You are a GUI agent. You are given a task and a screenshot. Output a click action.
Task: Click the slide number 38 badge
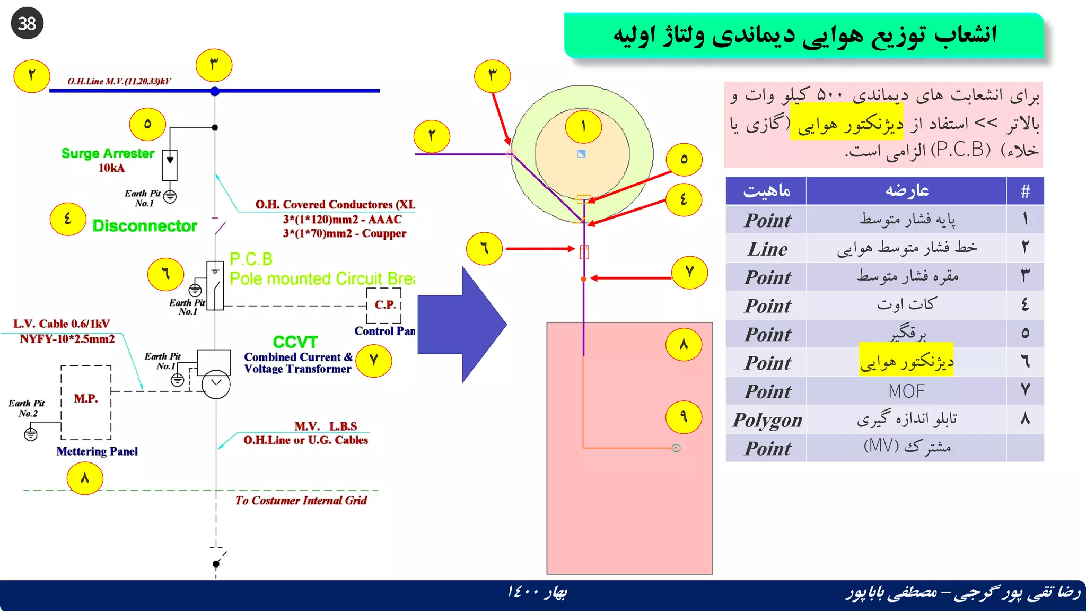[27, 23]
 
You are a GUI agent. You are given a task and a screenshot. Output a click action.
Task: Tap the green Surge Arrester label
[108, 153]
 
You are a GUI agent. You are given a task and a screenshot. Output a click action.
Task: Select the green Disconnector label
[144, 226]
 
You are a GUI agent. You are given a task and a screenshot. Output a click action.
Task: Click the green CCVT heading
[295, 342]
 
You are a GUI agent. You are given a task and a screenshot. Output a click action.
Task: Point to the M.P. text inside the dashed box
[86, 398]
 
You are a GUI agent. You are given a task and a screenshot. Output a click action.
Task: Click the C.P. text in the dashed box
[385, 305]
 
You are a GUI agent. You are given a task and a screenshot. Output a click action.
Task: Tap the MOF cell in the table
[906, 391]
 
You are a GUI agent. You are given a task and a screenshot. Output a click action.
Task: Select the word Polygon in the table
[767, 420]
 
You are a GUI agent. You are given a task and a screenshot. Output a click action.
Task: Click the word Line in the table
[767, 249]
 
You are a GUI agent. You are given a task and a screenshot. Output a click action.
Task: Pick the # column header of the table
[1025, 191]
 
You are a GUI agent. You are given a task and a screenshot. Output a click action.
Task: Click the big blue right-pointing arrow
[461, 325]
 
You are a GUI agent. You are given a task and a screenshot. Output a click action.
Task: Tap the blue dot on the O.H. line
[215, 91]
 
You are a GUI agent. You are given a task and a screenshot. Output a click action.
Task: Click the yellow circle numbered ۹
[684, 417]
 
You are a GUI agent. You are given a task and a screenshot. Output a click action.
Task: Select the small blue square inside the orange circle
[581, 154]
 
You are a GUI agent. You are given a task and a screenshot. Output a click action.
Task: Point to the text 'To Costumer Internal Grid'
[301, 501]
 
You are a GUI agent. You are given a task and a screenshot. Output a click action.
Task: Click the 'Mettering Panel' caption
[97, 451]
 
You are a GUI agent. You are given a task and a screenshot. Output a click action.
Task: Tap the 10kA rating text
[111, 168]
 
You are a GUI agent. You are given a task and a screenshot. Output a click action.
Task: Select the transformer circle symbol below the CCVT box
[216, 383]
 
